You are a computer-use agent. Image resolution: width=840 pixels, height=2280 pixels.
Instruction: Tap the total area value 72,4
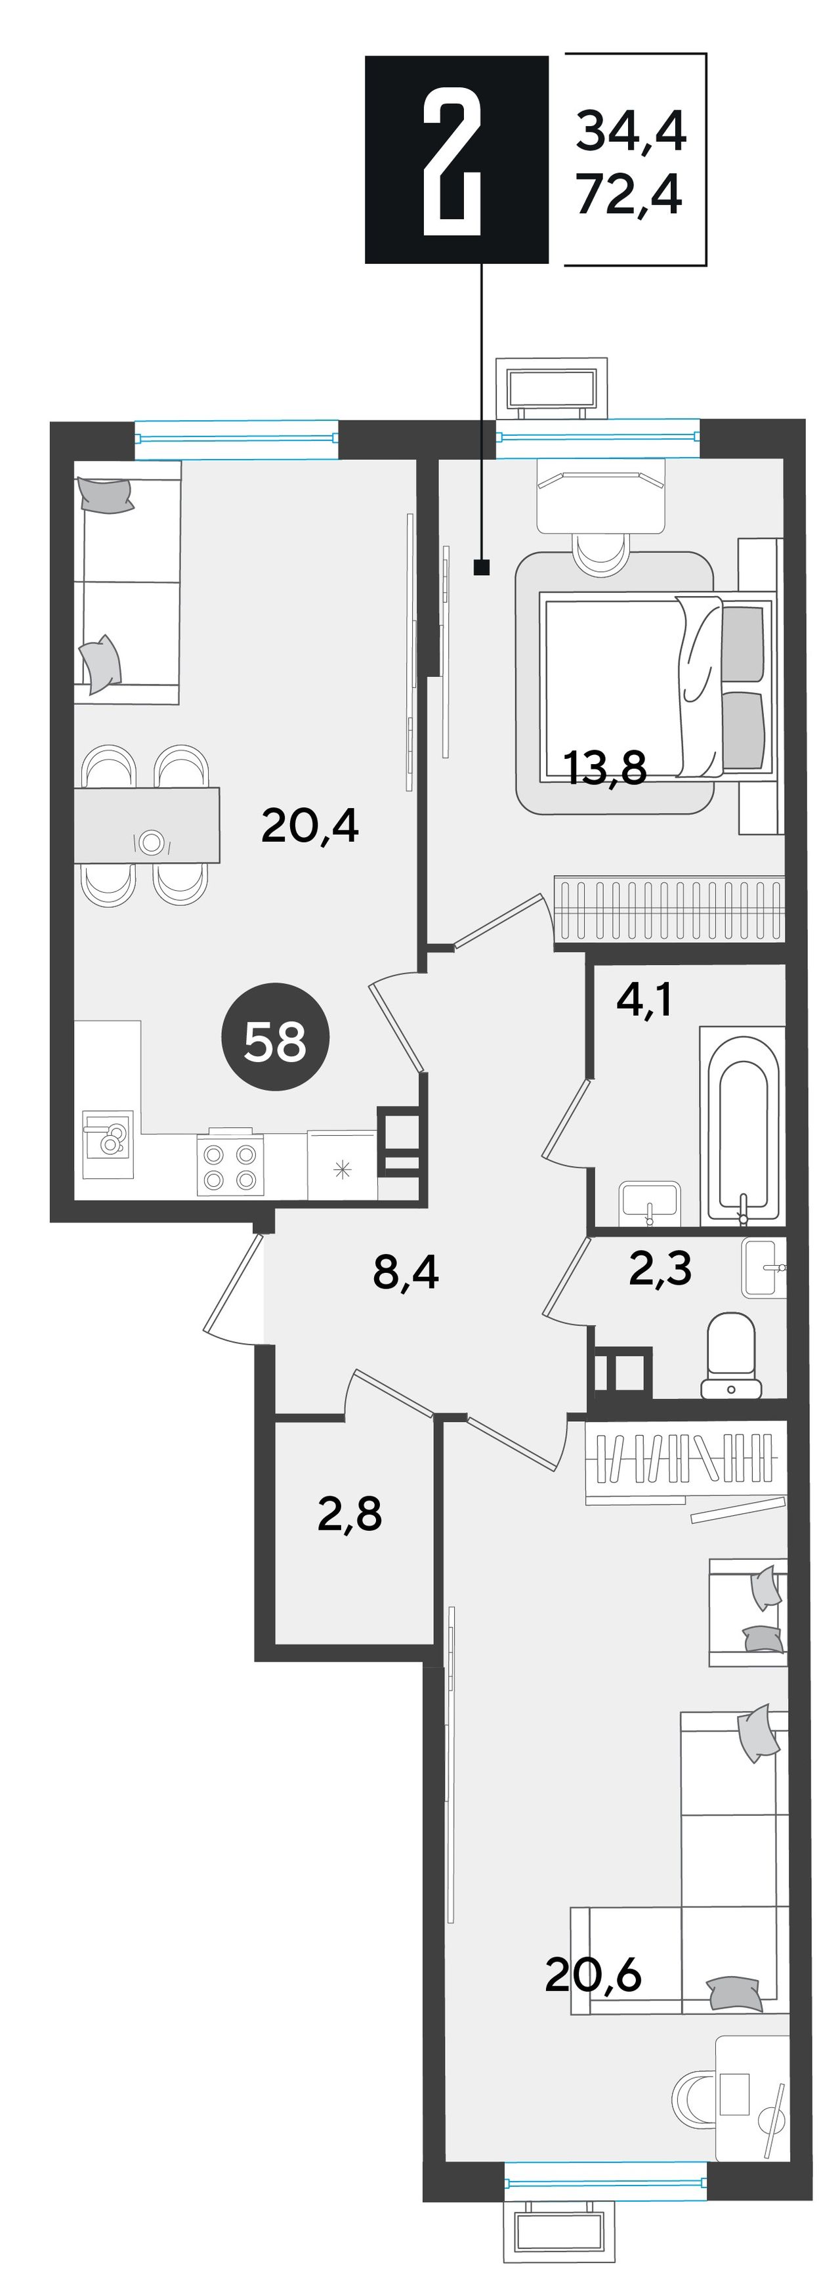629,195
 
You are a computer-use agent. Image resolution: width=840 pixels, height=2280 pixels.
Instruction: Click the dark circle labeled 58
275,1037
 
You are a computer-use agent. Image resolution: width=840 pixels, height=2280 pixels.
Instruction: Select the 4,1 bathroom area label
644,1000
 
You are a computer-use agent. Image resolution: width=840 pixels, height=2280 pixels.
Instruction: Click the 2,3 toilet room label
660,1269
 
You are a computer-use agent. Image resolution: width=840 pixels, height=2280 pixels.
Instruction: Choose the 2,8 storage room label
350,1515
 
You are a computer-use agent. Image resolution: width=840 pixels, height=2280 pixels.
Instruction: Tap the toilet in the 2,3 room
731,1356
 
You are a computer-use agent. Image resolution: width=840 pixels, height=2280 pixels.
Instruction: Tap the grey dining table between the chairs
146,825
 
